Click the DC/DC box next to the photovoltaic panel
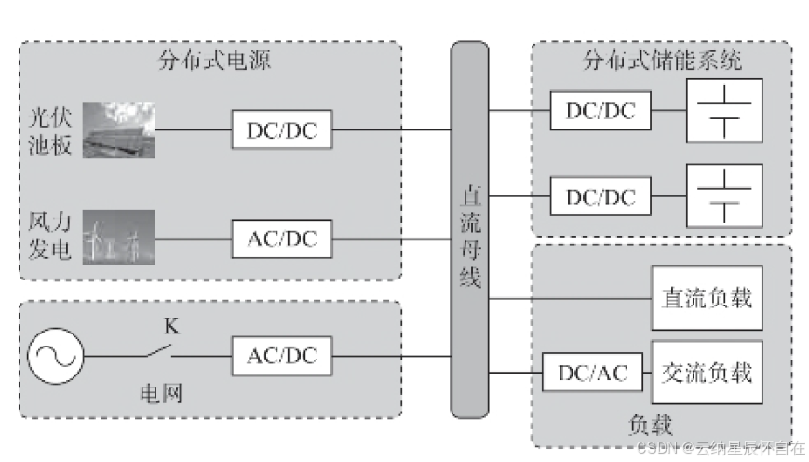click(282, 129)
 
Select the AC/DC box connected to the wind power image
click(282, 239)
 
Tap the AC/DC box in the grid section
click(282, 356)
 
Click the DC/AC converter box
click(592, 373)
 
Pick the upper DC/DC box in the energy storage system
click(600, 111)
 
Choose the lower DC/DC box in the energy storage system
click(600, 197)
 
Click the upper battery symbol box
click(724, 111)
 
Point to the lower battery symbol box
click(724, 196)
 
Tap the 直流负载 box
click(707, 298)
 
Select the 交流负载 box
click(707, 373)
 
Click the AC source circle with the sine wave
click(55, 356)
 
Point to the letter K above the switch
click(171, 326)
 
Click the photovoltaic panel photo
click(118, 130)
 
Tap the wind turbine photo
click(118, 238)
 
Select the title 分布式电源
click(214, 61)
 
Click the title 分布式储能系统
click(663, 61)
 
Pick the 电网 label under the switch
click(161, 394)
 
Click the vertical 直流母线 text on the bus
click(470, 237)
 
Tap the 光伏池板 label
click(50, 131)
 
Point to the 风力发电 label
click(49, 236)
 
